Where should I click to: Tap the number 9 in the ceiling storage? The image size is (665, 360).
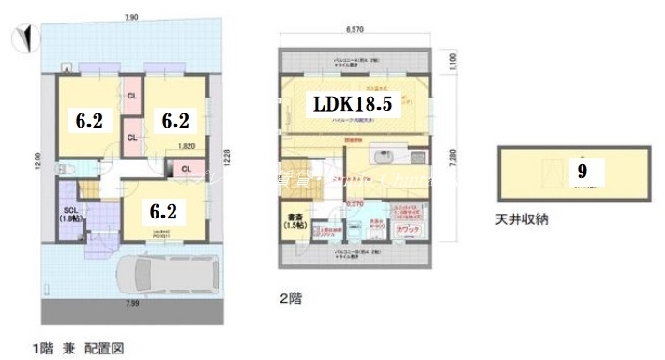point(582,172)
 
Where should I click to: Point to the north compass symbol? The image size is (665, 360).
point(25,38)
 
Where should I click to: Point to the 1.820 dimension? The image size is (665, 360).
point(187,146)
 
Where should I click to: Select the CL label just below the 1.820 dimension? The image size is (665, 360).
point(187,168)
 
